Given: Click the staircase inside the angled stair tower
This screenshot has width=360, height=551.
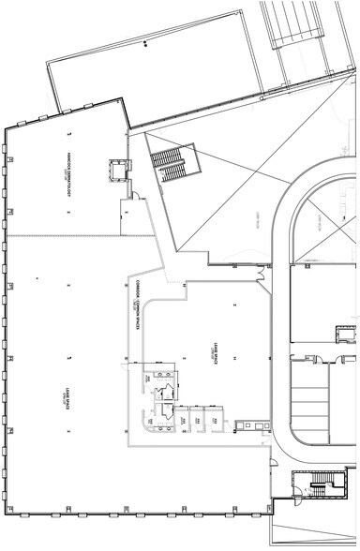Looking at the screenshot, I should click(170, 164).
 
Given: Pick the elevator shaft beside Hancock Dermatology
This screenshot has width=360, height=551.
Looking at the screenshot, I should click(118, 170).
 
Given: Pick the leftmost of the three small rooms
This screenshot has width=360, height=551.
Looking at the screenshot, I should click(179, 418).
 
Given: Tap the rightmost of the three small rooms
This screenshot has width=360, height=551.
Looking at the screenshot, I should click(216, 418).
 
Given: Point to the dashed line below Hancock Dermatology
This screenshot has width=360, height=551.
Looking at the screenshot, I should click(66, 236).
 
